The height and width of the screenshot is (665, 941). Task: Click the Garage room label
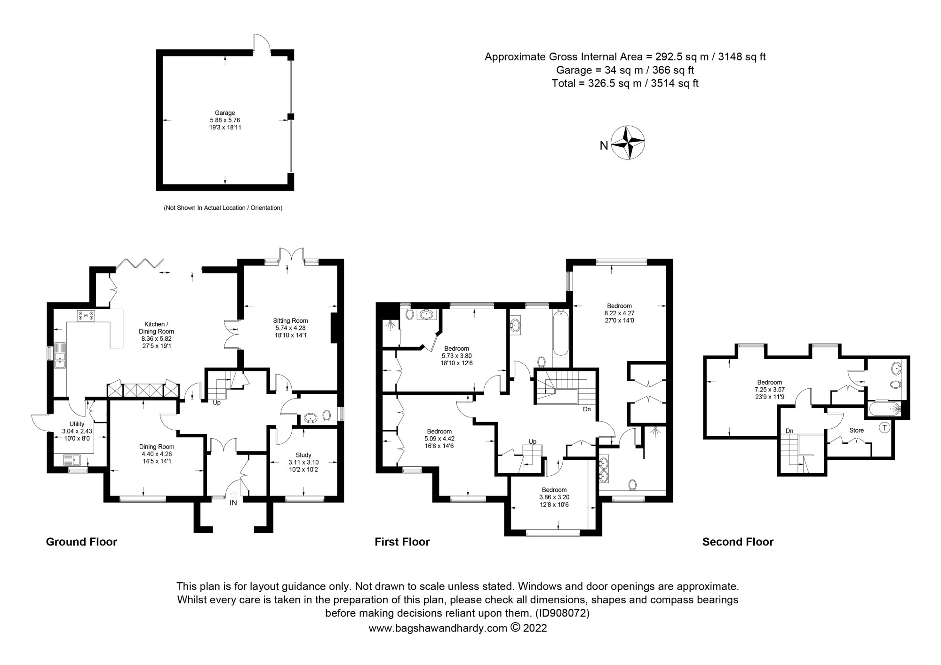[x=225, y=113]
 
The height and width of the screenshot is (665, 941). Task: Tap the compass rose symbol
[x=628, y=143]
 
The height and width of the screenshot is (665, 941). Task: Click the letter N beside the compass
[x=604, y=146]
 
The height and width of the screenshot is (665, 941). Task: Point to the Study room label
[x=303, y=455]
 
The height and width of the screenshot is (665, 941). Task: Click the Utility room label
[x=77, y=424]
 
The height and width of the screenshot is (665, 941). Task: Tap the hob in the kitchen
[x=86, y=315]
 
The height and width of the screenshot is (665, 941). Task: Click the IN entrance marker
[x=233, y=503]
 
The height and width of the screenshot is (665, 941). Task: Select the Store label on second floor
[x=856, y=430]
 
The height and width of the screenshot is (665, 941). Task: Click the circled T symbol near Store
[x=885, y=428]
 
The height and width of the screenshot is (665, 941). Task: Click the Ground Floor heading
[x=81, y=542]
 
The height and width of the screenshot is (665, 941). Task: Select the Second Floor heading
[x=738, y=542]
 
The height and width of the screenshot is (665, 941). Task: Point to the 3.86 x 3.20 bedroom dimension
[x=554, y=497]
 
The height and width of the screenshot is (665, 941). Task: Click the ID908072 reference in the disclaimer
[x=562, y=613]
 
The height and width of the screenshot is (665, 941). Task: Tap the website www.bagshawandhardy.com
[x=438, y=628]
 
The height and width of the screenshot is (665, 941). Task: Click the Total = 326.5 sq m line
[x=625, y=84]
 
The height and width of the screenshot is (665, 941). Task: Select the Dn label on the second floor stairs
[x=789, y=431]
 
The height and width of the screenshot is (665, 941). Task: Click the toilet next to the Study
[x=326, y=415]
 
